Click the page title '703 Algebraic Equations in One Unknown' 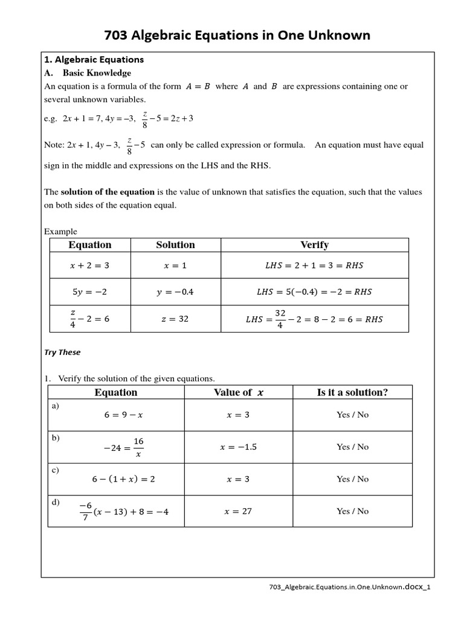(x=237, y=36)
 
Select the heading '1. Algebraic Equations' (x=94, y=60)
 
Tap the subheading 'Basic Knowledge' (x=97, y=73)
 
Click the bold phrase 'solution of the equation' (x=108, y=192)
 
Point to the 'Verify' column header (x=314, y=244)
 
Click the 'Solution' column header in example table (x=175, y=244)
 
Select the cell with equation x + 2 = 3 (x=90, y=265)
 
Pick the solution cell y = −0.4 (x=175, y=292)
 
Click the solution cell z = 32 (x=175, y=319)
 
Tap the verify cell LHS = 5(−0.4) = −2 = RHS (x=314, y=292)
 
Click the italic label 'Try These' (x=62, y=352)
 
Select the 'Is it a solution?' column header (x=352, y=392)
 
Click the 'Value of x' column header (x=238, y=392)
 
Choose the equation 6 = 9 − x (x=115, y=415)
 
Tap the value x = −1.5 (x=238, y=447)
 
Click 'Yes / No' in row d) (x=352, y=511)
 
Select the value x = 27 (x=238, y=511)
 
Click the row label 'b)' (x=56, y=438)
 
